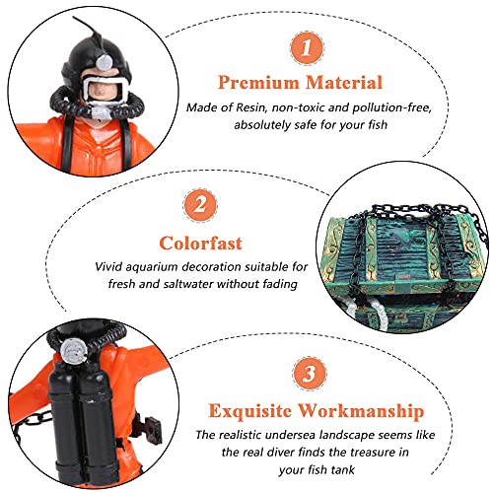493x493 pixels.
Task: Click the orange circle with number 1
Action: (307, 48)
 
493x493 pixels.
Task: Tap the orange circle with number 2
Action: (200, 205)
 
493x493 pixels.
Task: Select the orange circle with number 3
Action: (309, 373)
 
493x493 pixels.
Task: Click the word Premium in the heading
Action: (258, 82)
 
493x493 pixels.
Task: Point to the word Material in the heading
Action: (344, 82)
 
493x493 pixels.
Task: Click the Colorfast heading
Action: (200, 244)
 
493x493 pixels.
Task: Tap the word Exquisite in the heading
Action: (250, 411)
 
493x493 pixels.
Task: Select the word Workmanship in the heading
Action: (361, 411)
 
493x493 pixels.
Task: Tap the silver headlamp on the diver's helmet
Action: (104, 62)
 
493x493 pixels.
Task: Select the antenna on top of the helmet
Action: (85, 28)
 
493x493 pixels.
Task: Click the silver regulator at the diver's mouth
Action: (102, 112)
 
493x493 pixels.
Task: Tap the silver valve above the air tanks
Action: (74, 351)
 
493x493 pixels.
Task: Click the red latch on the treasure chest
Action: (403, 277)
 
